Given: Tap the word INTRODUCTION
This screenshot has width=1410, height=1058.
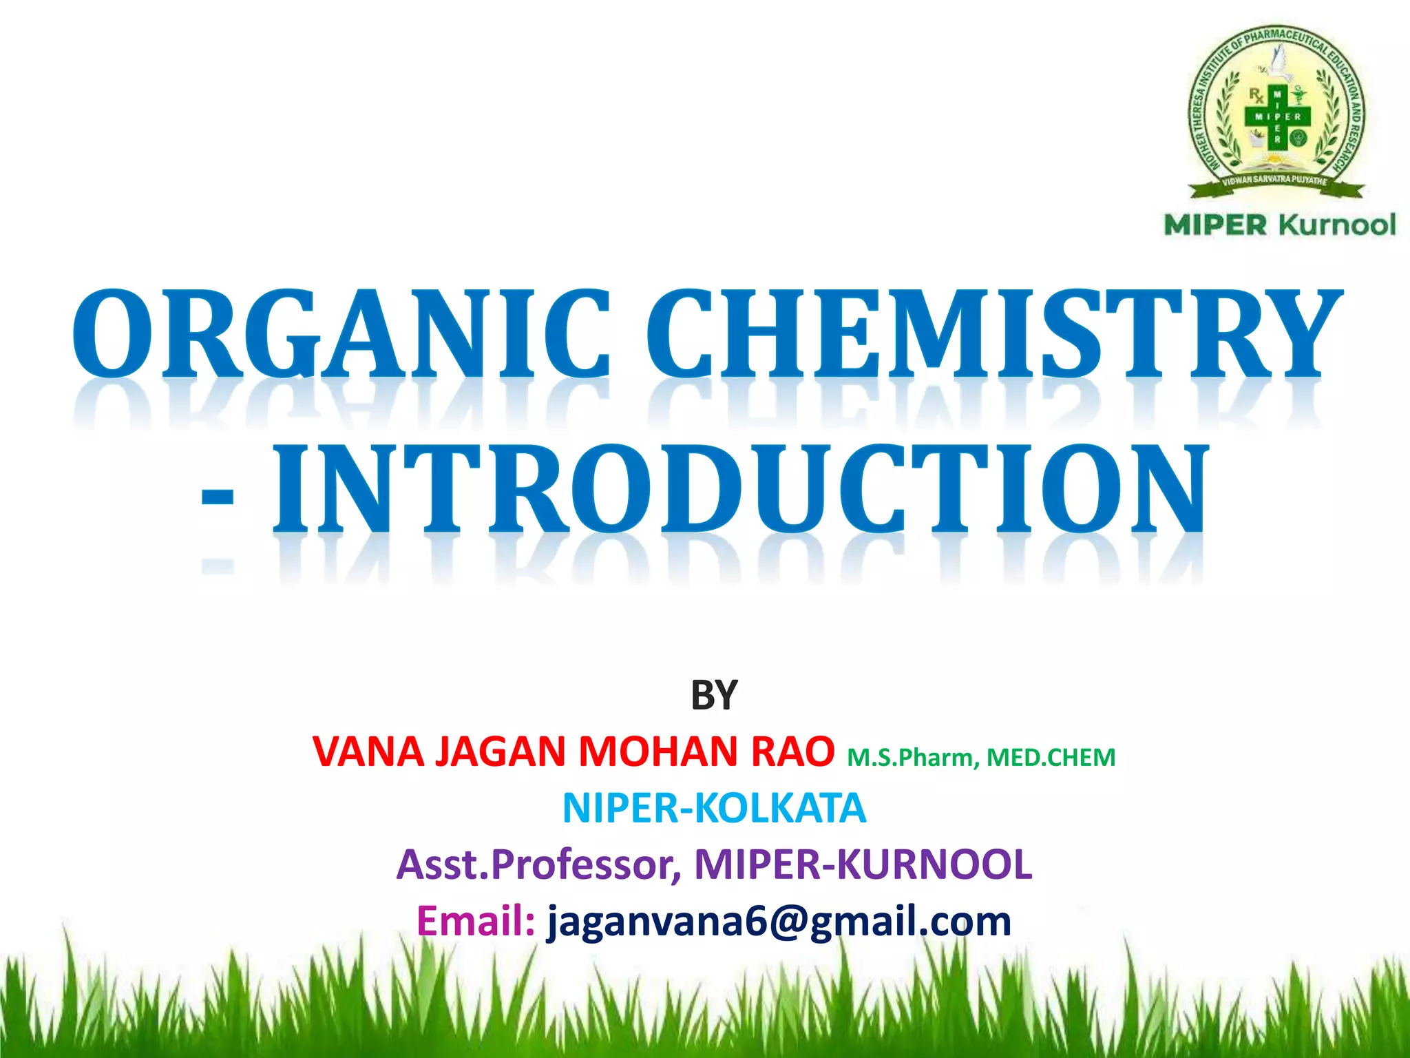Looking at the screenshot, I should pyautogui.click(x=740, y=489).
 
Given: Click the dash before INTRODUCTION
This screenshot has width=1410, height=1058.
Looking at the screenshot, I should pyautogui.click(x=218, y=495).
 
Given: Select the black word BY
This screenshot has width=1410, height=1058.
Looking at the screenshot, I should pyautogui.click(x=714, y=695).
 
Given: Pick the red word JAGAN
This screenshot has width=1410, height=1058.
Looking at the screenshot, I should pyautogui.click(x=501, y=751).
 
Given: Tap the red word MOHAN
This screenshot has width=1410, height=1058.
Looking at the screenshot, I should pyautogui.click(x=659, y=751).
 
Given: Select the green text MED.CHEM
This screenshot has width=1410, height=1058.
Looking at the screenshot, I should pyautogui.click(x=1051, y=758).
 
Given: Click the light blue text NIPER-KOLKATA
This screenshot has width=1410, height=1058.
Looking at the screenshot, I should pyautogui.click(x=714, y=809).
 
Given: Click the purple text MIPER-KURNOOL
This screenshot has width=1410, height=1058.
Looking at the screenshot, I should pyautogui.click(x=863, y=865).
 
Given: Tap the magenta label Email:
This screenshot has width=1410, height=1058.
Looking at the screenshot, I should pyautogui.click(x=476, y=922).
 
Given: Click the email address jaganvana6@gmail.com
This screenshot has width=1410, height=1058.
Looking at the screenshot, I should pyautogui.click(x=779, y=922).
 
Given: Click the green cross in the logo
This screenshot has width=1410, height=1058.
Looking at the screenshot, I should pyautogui.click(x=1277, y=116).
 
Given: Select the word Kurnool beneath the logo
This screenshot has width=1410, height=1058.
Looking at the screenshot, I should pyautogui.click(x=1337, y=225).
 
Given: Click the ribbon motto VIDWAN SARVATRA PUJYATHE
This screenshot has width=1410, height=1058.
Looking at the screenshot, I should pyautogui.click(x=1275, y=180).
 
